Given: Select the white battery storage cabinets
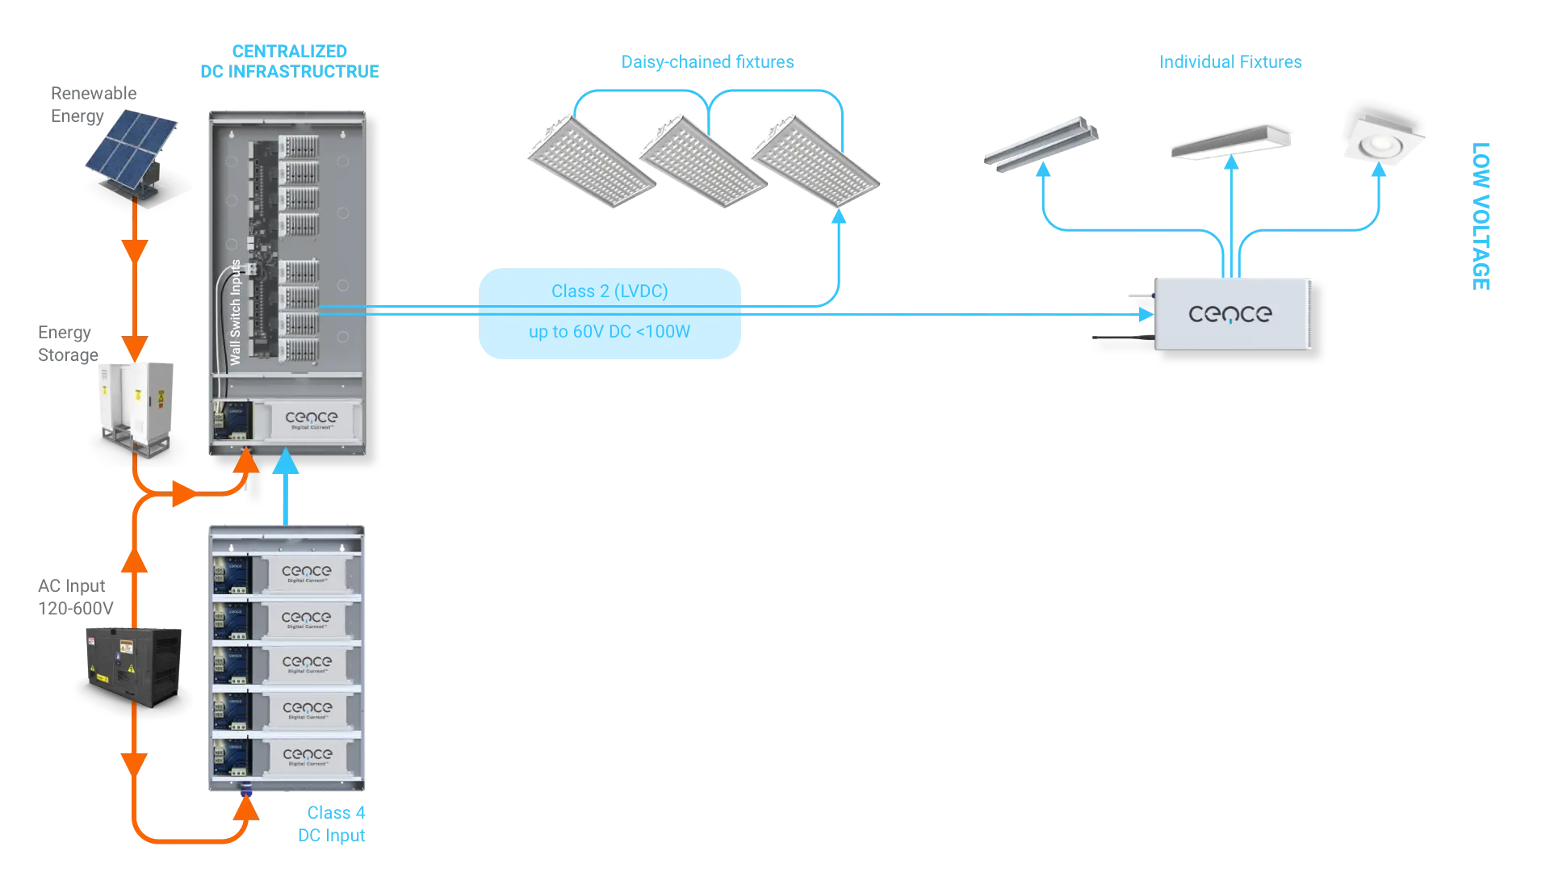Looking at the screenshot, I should [x=136, y=401].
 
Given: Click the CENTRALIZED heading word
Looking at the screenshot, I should [x=290, y=51].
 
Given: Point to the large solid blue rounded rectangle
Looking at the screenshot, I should [x=610, y=312].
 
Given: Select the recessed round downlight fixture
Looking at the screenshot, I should [x=1384, y=142].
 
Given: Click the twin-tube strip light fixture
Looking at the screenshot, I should [x=1041, y=144].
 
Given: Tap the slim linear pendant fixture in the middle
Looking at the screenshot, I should [x=1230, y=143].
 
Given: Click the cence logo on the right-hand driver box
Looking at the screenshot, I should [x=1230, y=314].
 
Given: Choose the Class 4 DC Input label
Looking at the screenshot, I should [x=333, y=824].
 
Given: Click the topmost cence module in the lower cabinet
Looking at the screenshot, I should [x=306, y=574].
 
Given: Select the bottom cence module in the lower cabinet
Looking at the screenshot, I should [x=306, y=757].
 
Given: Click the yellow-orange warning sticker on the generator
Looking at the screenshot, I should [x=126, y=647].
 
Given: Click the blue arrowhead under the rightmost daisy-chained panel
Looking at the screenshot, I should [x=840, y=216].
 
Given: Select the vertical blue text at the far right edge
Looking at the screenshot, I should [x=1481, y=216].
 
